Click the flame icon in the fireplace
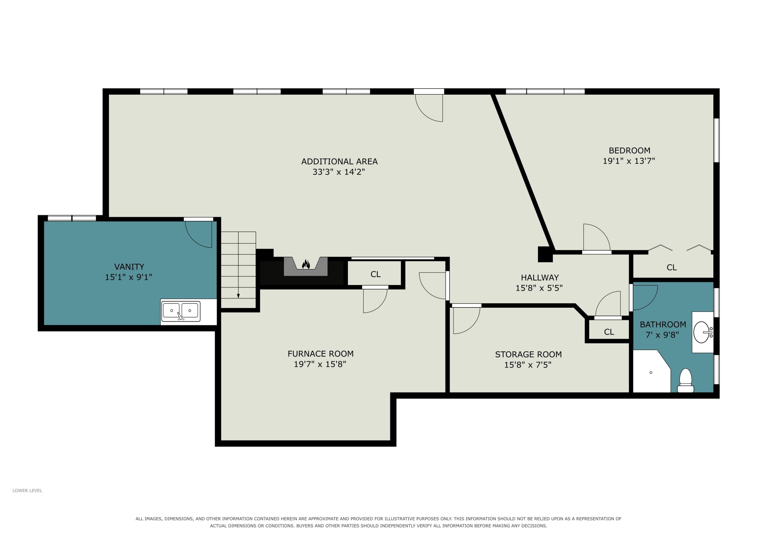click(306, 264)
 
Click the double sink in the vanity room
click(181, 311)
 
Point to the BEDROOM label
click(629, 150)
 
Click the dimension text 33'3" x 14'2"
click(339, 172)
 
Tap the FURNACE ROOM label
click(320, 354)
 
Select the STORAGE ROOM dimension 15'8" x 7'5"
click(528, 365)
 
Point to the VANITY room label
click(129, 266)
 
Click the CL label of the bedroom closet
click(672, 267)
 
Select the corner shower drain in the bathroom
click(651, 373)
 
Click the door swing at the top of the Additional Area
click(429, 108)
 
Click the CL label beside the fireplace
click(375, 274)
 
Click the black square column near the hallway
click(545, 255)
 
